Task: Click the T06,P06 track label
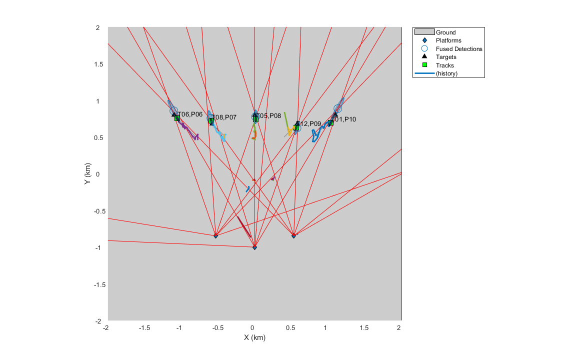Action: (x=190, y=114)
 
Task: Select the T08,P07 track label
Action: (x=224, y=117)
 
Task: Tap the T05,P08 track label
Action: (x=269, y=116)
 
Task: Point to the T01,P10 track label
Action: (x=344, y=119)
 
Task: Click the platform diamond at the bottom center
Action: (x=254, y=247)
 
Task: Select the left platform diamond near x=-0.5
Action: (x=215, y=235)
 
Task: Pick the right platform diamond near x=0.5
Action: (x=293, y=235)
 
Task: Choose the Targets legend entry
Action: (x=446, y=57)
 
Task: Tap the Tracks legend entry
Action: (x=444, y=65)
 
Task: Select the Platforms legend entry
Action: (x=448, y=40)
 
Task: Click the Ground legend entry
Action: (x=445, y=32)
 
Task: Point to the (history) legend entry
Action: (x=446, y=73)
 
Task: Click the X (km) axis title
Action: (x=254, y=337)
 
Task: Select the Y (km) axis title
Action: (x=87, y=174)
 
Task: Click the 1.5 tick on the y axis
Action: (x=98, y=64)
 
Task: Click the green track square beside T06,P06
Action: (x=177, y=118)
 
